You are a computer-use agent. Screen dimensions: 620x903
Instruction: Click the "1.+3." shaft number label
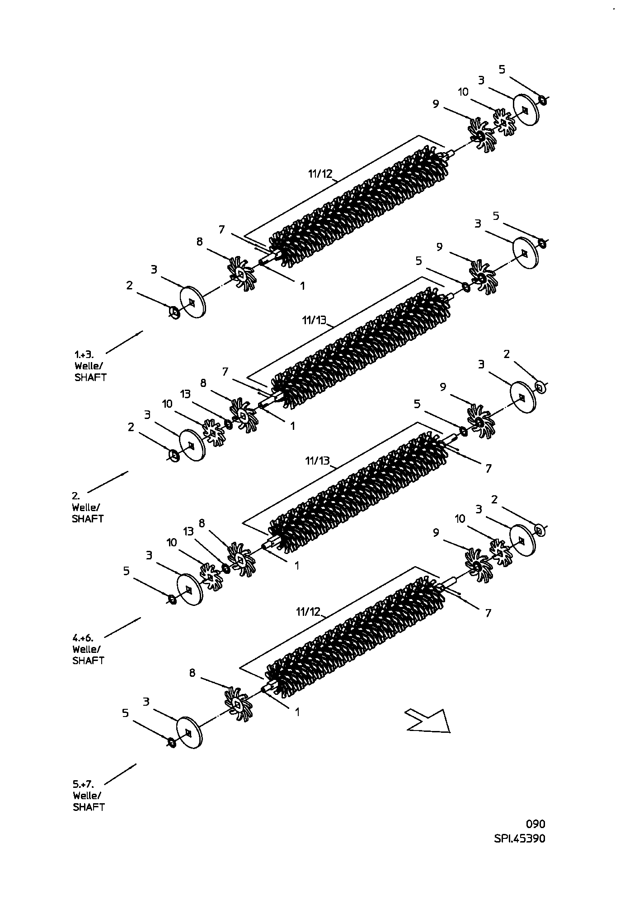click(x=85, y=354)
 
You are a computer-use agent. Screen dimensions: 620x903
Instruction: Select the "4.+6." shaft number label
click(x=83, y=638)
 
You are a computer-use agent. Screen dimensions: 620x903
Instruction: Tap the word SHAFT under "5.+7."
click(x=89, y=807)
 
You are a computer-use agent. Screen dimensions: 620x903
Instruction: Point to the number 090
click(x=535, y=824)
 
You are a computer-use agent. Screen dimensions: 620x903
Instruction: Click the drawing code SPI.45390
click(x=520, y=838)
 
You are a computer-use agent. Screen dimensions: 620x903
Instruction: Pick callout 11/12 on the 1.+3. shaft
click(x=320, y=174)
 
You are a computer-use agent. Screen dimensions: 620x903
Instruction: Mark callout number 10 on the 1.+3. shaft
click(x=463, y=92)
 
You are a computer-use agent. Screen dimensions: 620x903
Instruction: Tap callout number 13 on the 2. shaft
click(x=185, y=394)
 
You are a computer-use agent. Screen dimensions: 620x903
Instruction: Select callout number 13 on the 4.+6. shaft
click(x=188, y=531)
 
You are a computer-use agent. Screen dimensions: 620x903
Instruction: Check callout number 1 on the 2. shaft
click(x=293, y=426)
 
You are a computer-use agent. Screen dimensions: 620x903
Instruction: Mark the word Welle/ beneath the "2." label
click(x=85, y=507)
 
